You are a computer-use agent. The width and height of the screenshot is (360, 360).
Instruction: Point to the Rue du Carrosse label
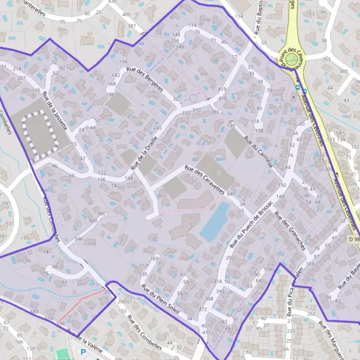pos(259,151)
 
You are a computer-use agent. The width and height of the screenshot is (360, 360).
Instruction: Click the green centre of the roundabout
pos(292,59)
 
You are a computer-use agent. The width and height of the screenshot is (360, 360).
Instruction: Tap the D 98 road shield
pos(354,239)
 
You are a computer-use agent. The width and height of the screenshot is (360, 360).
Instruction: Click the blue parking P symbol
pos(83,353)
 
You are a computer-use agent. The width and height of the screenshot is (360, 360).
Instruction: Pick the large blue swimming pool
pos(215,220)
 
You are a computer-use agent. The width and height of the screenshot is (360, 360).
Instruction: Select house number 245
pos(158,128)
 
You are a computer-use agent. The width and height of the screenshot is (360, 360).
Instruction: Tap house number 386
pos(101,214)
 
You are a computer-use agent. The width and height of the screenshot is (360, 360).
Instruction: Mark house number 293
pos(230,258)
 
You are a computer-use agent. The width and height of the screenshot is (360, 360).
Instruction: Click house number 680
pos(34,311)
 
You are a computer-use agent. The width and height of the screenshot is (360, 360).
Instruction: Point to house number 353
pos(326,60)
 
